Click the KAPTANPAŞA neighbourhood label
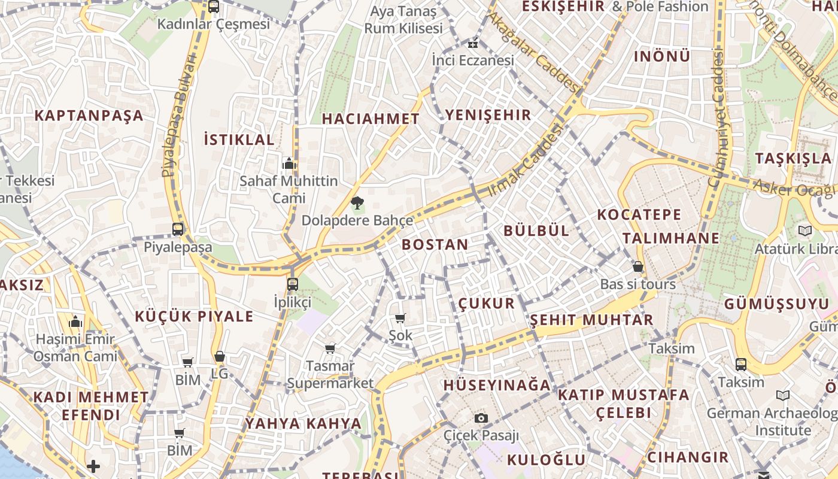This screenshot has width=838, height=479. click(x=89, y=116)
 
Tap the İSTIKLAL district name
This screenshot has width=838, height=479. click(x=239, y=140)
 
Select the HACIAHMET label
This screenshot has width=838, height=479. click(x=371, y=119)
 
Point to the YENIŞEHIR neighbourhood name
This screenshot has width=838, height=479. click(x=488, y=115)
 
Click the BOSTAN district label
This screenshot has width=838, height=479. click(x=435, y=244)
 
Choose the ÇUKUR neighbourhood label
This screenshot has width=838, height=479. click(x=487, y=304)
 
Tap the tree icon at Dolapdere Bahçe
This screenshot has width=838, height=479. click(x=357, y=202)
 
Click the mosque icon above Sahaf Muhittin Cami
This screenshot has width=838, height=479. click(x=289, y=163)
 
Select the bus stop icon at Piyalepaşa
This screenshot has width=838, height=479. click(x=178, y=229)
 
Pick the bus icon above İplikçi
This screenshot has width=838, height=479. click(x=292, y=284)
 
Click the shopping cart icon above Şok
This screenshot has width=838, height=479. click(x=400, y=318)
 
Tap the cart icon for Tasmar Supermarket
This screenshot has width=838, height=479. click(x=330, y=348)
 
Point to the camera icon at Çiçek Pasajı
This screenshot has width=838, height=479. click(x=481, y=418)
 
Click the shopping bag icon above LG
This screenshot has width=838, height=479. click(x=220, y=356)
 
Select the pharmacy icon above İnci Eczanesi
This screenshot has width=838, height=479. click(x=473, y=43)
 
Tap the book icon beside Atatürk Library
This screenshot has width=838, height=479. click(x=805, y=231)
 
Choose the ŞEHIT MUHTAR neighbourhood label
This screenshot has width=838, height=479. click(x=591, y=320)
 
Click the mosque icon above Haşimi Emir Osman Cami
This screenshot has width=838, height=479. click(x=75, y=322)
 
